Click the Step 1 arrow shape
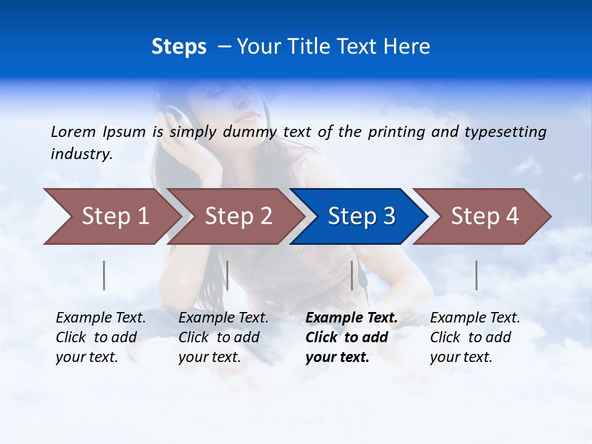[x=111, y=216]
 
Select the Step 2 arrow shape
[x=234, y=216]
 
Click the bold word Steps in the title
[x=179, y=47]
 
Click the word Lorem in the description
[x=73, y=131]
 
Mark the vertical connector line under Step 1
[x=104, y=276]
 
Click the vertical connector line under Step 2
[x=228, y=276]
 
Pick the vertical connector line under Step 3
[x=352, y=276]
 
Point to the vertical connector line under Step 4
[x=477, y=276]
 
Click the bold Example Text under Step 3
[x=351, y=318]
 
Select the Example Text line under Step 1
[x=101, y=318]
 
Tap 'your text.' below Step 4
[x=461, y=357]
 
